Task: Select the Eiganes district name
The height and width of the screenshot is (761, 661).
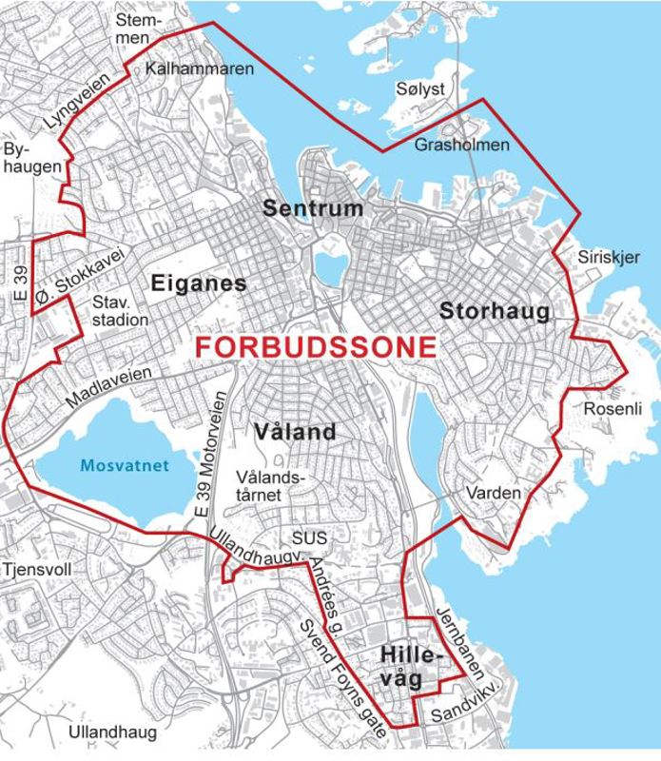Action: click(x=198, y=283)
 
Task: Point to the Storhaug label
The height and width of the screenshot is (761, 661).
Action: click(x=494, y=311)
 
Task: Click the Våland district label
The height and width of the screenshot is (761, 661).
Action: click(x=296, y=432)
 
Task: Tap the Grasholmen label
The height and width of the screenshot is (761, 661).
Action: click(x=462, y=145)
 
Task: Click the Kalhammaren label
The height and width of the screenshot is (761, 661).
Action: click(x=201, y=69)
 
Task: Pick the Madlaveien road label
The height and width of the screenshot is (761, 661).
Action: click(x=108, y=391)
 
